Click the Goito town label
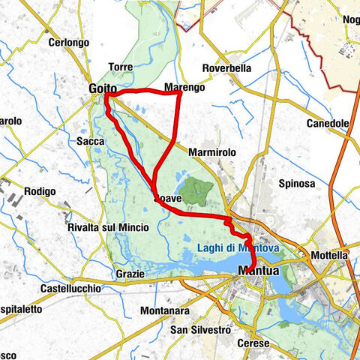click(x=101, y=89)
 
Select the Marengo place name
click(x=184, y=88)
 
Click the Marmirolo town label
click(x=212, y=152)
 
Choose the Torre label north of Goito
click(x=121, y=67)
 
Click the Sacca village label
click(x=89, y=139)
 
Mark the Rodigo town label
click(x=39, y=191)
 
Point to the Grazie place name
click(x=129, y=274)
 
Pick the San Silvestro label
click(x=199, y=330)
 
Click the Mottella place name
click(x=330, y=255)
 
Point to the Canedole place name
click(x=329, y=123)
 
